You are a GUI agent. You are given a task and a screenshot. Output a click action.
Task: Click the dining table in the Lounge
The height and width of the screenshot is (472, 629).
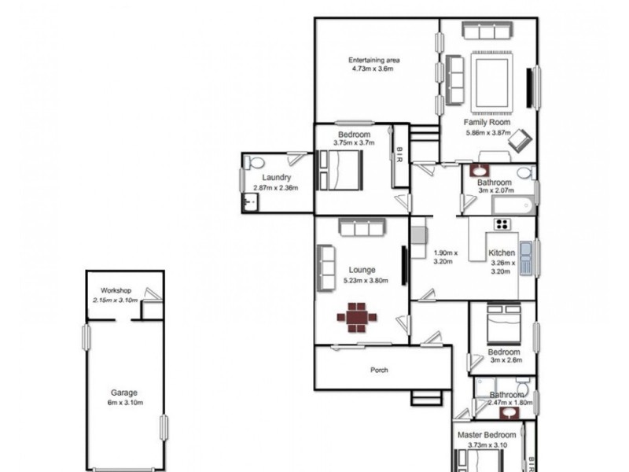coord(357,316)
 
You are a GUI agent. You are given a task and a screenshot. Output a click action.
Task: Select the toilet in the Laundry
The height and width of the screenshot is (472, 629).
coord(252,164)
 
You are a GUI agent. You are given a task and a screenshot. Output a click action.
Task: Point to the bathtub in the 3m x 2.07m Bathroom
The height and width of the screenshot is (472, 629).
coord(512,207)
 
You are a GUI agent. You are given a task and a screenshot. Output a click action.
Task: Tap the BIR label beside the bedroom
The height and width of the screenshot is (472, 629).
coord(400,155)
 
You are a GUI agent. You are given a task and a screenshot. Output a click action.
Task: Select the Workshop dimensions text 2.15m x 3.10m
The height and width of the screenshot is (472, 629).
coord(115,301)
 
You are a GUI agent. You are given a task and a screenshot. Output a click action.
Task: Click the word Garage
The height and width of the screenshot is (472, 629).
coord(124,393)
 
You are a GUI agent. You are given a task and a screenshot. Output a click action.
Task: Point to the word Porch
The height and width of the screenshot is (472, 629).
coord(380,370)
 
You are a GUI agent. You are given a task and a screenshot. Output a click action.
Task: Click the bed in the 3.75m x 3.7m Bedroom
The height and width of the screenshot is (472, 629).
coord(340,168)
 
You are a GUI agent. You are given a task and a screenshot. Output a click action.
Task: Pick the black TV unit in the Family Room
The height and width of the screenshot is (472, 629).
coord(530,87)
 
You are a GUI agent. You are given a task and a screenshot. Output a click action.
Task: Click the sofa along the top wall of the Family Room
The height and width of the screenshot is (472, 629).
coord(487,31)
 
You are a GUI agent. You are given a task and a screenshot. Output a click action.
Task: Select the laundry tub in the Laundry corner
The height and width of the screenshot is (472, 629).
coord(250,204)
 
